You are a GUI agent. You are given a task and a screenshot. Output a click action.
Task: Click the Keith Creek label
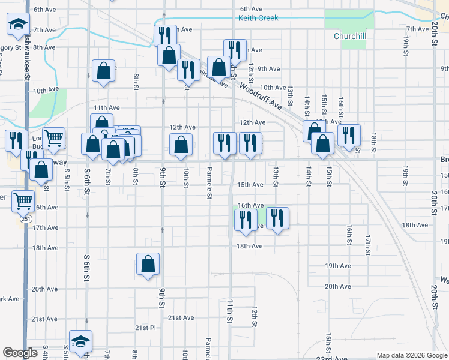(x=258, y=18)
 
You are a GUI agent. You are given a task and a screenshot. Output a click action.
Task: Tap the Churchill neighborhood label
(x=350, y=35)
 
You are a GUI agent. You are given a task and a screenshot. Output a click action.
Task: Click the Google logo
(x=20, y=353)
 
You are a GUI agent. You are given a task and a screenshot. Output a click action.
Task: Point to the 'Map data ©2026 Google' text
(x=411, y=355)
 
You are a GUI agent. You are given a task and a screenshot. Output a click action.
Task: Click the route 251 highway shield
(x=25, y=219)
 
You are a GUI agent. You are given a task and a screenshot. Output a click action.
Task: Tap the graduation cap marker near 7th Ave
(x=18, y=25)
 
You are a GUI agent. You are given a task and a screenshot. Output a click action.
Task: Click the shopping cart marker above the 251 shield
(x=23, y=200)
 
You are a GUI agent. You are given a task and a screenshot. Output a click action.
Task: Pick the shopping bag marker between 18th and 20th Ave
(x=148, y=264)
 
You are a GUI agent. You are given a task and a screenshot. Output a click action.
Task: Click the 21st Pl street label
(x=145, y=328)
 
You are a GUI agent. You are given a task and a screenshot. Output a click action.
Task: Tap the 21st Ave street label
(x=181, y=317)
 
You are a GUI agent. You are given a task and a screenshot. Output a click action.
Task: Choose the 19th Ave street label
(x=337, y=266)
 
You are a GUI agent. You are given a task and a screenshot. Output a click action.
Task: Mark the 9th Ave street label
(x=269, y=69)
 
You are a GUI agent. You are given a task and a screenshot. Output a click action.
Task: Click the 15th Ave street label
(x=250, y=185)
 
